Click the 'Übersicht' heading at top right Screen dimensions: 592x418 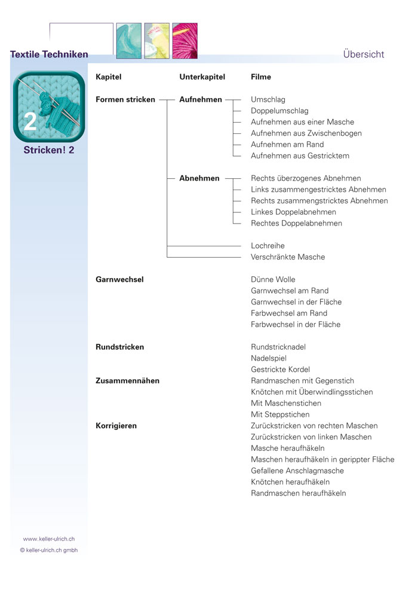pyautogui.click(x=364, y=54)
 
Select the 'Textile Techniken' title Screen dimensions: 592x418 pyautogui.click(x=49, y=54)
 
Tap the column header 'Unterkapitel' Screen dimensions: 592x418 pyautogui.click(x=202, y=77)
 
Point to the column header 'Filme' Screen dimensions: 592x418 pyautogui.click(x=261, y=77)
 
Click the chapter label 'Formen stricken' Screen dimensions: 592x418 pyautogui.click(x=125, y=100)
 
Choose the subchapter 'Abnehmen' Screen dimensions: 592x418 pyautogui.click(x=199, y=178)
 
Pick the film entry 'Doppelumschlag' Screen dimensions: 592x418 pyautogui.click(x=279, y=111)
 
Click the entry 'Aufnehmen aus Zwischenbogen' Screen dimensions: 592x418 pyautogui.click(x=306, y=133)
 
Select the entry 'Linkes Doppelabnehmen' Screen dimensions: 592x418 pyautogui.click(x=293, y=212)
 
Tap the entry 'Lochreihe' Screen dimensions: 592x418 pyautogui.click(x=268, y=246)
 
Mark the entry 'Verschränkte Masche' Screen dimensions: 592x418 pyautogui.click(x=288, y=257)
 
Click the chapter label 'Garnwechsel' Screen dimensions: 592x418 pyautogui.click(x=119, y=279)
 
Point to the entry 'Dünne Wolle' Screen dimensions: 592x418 pyautogui.click(x=273, y=279)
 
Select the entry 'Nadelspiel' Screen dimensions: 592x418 pyautogui.click(x=269, y=358)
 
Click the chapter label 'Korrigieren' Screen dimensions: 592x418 pyautogui.click(x=116, y=426)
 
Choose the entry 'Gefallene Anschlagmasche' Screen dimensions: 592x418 pyautogui.click(x=297, y=471)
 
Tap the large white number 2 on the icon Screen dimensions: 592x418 pyautogui.click(x=30, y=121)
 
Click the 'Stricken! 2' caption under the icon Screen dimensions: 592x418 pyautogui.click(x=49, y=150)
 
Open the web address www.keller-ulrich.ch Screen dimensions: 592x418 pyautogui.click(x=49, y=539)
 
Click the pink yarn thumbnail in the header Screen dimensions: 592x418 pyautogui.click(x=185, y=41)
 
